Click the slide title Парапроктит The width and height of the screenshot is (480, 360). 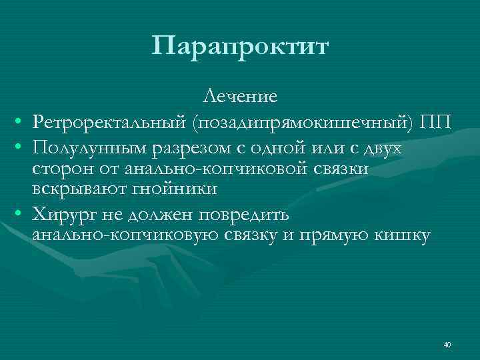click(240, 47)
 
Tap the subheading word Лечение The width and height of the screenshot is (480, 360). click(240, 97)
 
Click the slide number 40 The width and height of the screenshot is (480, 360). click(447, 344)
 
